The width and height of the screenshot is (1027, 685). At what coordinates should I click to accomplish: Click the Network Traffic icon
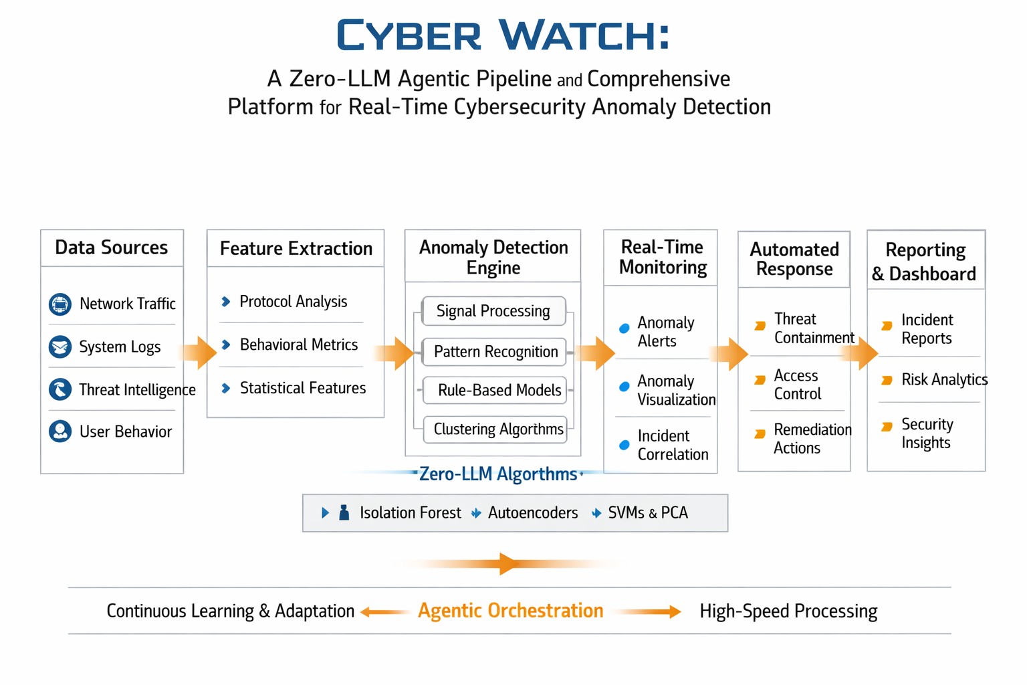pyautogui.click(x=60, y=304)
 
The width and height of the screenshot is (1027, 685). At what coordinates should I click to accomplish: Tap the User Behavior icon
pyautogui.click(x=60, y=431)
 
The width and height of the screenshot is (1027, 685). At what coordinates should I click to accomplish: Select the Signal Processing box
pyautogui.click(x=493, y=311)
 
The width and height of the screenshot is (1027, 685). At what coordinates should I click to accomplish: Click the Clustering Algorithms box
pyautogui.click(x=495, y=429)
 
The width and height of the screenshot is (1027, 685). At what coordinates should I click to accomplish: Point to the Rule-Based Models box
pyautogui.click(x=495, y=391)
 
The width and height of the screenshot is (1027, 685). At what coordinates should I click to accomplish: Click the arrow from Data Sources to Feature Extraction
pyautogui.click(x=198, y=353)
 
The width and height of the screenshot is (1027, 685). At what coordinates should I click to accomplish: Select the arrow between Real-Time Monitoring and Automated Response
pyautogui.click(x=729, y=354)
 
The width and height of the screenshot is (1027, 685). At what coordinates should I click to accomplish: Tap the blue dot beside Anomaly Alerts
pyautogui.click(x=624, y=328)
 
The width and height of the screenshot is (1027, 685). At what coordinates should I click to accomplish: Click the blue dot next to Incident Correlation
pyautogui.click(x=624, y=445)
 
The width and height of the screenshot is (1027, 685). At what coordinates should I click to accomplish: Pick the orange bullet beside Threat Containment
pyautogui.click(x=760, y=326)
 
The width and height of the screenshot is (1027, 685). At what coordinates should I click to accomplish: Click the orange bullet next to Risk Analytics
pyautogui.click(x=887, y=381)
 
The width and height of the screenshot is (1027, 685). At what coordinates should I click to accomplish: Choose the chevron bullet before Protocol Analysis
pyautogui.click(x=225, y=302)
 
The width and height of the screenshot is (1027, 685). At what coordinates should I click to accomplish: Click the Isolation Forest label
pyautogui.click(x=411, y=512)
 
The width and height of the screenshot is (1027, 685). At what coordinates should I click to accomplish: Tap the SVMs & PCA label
pyautogui.click(x=648, y=512)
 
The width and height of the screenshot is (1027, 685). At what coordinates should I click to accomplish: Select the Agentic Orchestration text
pyautogui.click(x=510, y=611)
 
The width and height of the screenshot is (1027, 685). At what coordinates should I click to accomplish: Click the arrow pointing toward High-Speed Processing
pyautogui.click(x=649, y=611)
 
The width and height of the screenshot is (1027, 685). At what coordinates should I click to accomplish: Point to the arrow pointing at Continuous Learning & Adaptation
pyautogui.click(x=384, y=611)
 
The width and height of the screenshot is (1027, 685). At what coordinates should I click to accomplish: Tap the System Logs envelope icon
pyautogui.click(x=60, y=347)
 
